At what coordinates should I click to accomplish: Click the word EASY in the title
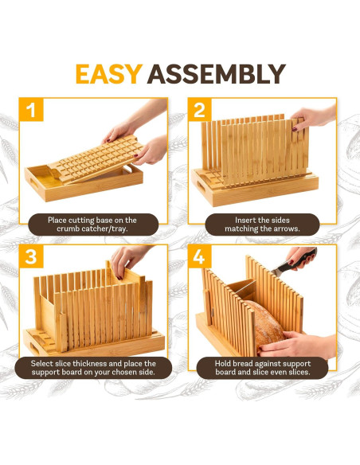tap(109, 74)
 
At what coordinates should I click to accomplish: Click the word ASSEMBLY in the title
tap(217, 74)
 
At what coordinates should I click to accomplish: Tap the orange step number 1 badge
tap(31, 110)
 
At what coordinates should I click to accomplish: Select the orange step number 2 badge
tap(200, 110)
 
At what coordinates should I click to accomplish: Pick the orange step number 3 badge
tap(31, 256)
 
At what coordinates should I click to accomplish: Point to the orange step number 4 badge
tap(200, 256)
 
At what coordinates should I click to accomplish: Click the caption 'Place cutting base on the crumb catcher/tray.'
tap(92, 225)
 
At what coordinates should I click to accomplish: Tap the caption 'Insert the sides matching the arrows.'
tap(262, 225)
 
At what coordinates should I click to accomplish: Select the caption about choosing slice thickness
tap(93, 368)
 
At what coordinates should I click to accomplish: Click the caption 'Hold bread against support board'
tap(263, 368)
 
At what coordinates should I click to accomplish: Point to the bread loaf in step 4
tap(264, 325)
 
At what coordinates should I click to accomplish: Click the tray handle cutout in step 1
tap(33, 183)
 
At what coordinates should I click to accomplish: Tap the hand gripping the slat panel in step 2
tap(308, 118)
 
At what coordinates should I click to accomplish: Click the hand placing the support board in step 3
tap(127, 261)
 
